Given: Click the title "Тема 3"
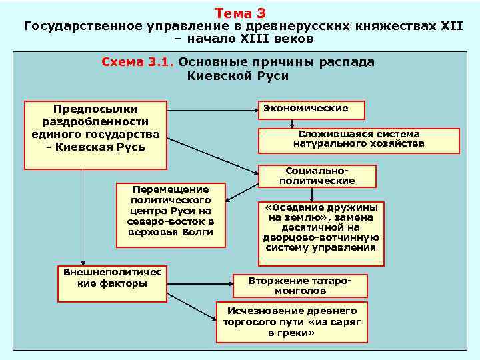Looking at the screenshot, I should (240, 13).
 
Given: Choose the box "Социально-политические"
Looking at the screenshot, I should (317, 175).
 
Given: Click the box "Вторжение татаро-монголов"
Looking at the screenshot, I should (299, 285).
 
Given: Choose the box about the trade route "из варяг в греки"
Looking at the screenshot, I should (292, 321).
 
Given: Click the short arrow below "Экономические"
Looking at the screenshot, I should (291, 124).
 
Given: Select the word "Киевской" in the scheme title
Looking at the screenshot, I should (213, 76).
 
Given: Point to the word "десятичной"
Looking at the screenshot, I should (320, 227).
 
